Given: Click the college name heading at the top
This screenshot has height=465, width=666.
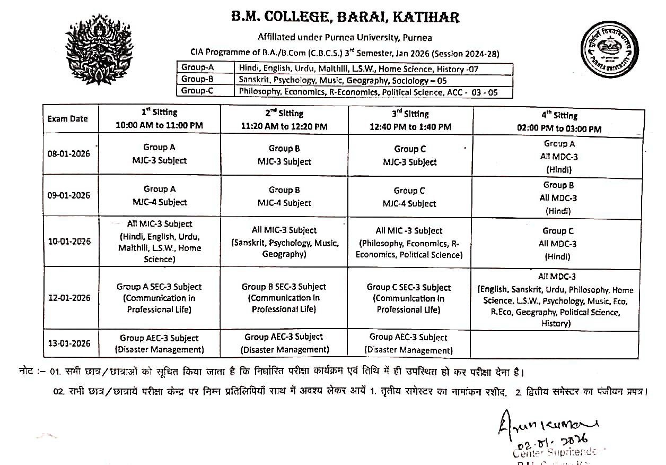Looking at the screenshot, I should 345,18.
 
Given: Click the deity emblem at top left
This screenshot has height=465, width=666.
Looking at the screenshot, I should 99,49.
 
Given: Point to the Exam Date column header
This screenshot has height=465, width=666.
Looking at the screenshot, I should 67,118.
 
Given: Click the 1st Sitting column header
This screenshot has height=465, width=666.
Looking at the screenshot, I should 159,119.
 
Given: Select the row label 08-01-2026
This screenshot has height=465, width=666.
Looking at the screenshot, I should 69,153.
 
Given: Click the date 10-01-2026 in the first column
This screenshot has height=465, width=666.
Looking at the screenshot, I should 69,242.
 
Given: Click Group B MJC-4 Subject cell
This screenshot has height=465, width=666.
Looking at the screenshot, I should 284,196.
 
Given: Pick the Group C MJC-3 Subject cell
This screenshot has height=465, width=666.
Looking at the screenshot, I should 409,156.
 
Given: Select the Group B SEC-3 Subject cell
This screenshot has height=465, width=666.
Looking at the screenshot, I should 284,298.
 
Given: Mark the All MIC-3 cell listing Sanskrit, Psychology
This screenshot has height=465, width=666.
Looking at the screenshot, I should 284,242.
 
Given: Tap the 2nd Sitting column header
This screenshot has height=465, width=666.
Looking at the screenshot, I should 284,119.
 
